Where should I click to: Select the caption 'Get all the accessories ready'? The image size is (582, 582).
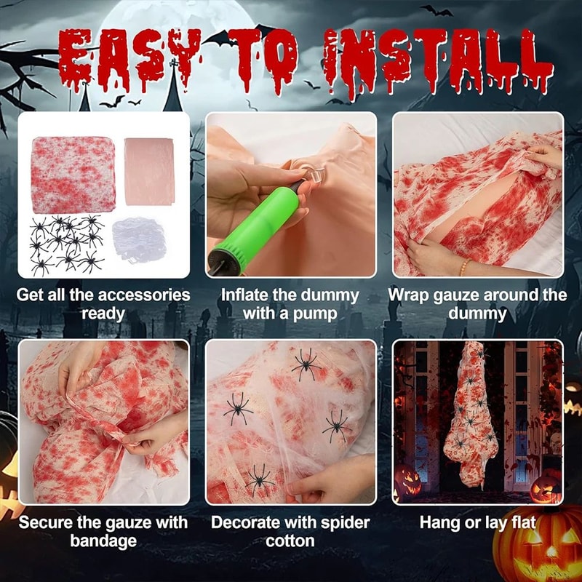[103, 304]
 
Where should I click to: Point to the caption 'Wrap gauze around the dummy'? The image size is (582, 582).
[477, 304]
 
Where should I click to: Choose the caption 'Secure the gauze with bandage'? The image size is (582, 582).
[103, 532]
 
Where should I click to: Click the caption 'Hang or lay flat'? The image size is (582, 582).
[477, 522]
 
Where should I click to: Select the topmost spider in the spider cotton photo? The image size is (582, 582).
[306, 364]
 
